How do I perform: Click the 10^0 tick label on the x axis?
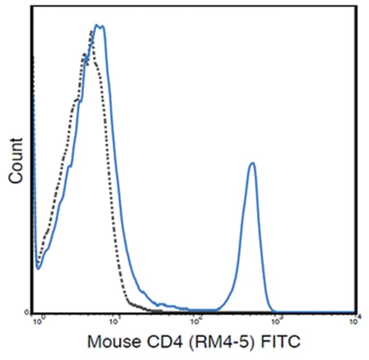coord(39,320)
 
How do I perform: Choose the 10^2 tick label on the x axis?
coord(196,320)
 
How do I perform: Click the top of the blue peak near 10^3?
coord(253,163)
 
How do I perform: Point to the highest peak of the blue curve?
coord(99,26)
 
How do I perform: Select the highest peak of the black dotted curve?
coord(92,31)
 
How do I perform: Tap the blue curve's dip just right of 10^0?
coord(38,268)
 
